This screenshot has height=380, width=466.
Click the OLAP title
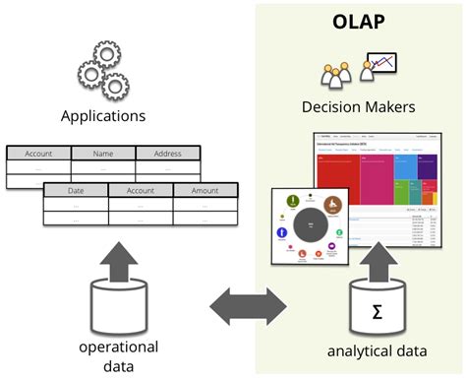pos(359,20)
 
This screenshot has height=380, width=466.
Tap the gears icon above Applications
pos(102,67)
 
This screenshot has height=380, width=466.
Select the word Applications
pos(102,116)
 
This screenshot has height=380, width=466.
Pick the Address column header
pos(167,154)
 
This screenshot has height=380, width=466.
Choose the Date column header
pos(76,190)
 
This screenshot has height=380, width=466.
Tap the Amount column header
pos(205,190)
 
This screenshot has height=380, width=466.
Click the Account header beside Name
pos(38,154)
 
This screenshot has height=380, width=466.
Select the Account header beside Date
pos(141,190)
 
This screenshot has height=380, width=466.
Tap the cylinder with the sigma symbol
pos(377,312)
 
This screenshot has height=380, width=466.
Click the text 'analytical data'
pos(377,351)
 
